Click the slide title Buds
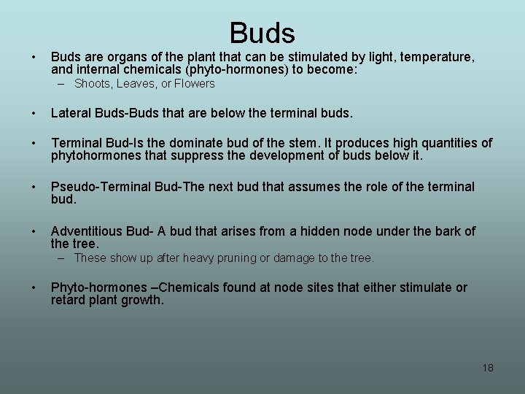click(262, 33)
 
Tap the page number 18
click(488, 368)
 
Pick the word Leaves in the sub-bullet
click(137, 84)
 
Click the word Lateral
click(74, 113)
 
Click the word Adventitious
click(87, 231)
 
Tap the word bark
click(440, 231)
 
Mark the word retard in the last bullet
click(70, 301)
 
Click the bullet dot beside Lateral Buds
click(34, 113)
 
